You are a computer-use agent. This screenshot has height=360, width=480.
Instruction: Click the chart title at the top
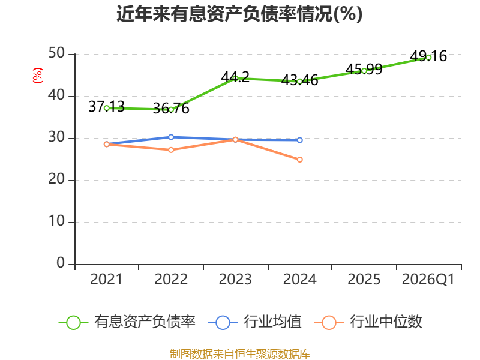pos(239,14)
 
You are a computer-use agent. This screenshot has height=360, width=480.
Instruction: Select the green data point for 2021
pos(107,108)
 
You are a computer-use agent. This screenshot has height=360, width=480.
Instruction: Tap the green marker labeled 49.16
pos(428,57)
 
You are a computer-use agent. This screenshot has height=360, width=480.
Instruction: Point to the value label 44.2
pos(235,77)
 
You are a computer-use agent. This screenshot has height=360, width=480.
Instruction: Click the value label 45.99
pos(364,69)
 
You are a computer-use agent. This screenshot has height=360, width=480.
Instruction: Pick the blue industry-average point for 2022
pos(171,137)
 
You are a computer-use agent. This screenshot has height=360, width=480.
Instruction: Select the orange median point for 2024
pos(299,160)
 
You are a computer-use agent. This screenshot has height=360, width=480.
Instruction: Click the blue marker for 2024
pos(299,140)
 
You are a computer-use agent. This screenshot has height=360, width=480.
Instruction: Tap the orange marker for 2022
pos(171,149)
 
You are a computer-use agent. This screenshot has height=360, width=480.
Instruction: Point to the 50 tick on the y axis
pos(56,53)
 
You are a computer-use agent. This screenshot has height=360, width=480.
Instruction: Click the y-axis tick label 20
pos(56,179)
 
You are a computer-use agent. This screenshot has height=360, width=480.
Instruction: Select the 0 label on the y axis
pos(61,263)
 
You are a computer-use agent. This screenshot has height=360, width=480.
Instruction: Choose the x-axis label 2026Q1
pos(428,280)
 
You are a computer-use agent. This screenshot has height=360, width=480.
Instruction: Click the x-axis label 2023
pos(235,280)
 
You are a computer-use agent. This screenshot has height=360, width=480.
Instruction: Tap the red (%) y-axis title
pos(38,76)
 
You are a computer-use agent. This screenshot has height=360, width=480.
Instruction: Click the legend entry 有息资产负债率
pos(127,322)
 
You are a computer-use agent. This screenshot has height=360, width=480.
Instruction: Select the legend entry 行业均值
pos(254,322)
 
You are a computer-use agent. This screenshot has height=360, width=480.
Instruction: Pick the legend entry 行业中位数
pos(368,322)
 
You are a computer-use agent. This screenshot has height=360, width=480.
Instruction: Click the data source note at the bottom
pos(240,354)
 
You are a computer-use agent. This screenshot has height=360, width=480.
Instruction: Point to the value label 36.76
pos(171,109)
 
